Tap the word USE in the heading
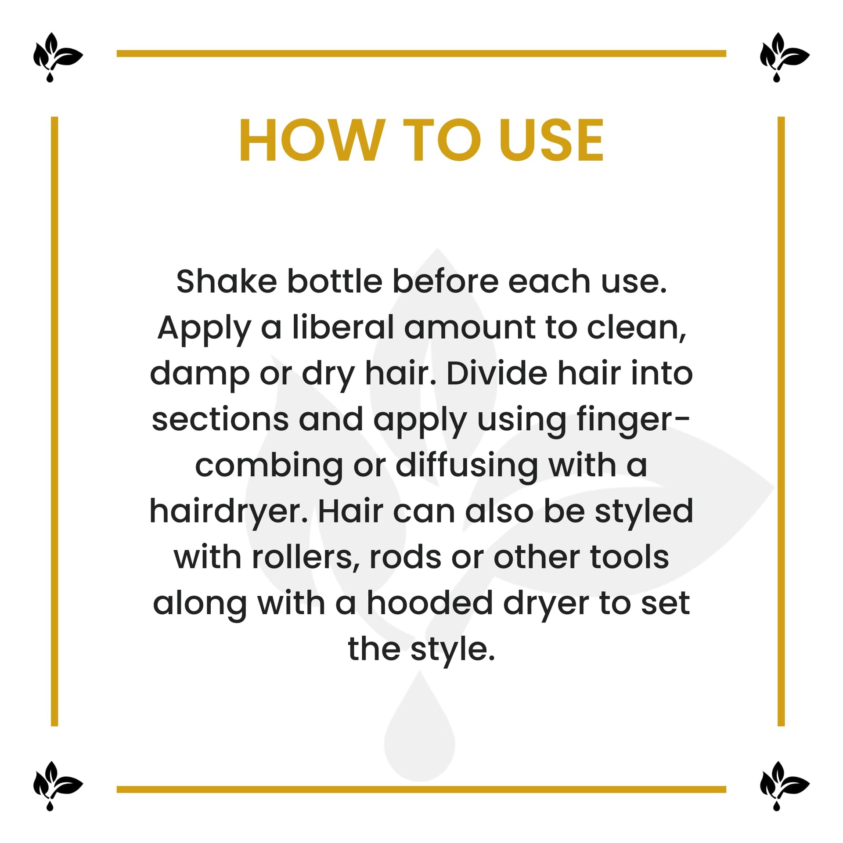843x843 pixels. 551,140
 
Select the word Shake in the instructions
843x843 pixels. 227,281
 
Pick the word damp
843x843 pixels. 200,374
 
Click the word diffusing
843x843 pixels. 467,466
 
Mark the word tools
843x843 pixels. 629,558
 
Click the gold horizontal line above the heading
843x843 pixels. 421,54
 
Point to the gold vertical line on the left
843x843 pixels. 54,421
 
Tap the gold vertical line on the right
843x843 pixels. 781,421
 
